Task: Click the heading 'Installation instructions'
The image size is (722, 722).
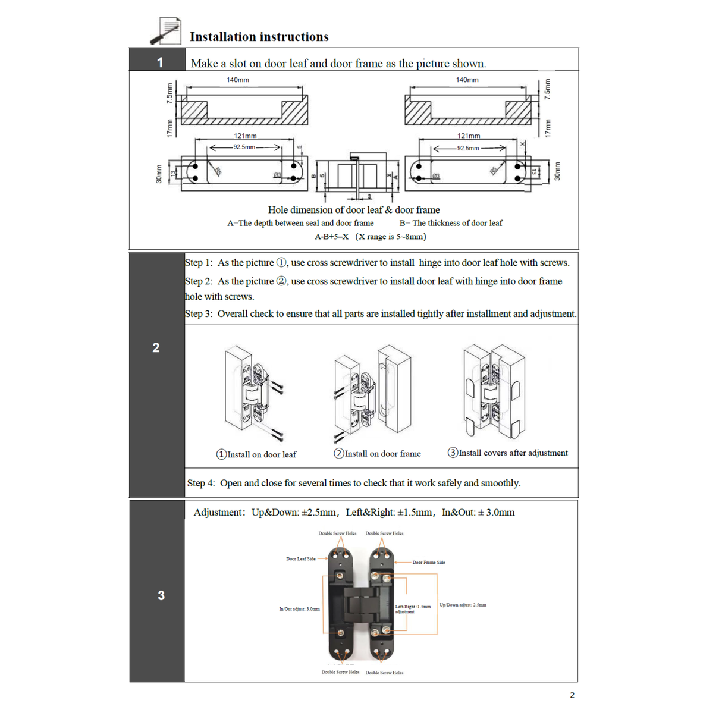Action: (x=259, y=37)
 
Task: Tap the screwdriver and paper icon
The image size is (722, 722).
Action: (x=166, y=31)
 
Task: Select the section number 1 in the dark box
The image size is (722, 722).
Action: (x=159, y=62)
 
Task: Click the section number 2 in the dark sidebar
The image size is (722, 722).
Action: (x=156, y=348)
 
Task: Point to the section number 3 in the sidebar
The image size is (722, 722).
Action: (x=161, y=595)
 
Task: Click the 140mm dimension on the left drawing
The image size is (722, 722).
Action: (x=237, y=80)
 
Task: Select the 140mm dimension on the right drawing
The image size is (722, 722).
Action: (x=467, y=80)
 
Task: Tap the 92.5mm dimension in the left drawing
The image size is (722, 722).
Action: (x=244, y=147)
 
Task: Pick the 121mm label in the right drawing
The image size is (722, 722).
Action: (x=469, y=136)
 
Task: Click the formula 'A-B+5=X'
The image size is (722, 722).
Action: (x=331, y=237)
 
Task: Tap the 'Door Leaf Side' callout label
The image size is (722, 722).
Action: (x=300, y=559)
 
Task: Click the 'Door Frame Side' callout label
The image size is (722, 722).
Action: (x=428, y=562)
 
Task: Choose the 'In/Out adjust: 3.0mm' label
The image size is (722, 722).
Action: (x=299, y=609)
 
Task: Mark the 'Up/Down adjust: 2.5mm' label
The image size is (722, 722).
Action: (x=462, y=605)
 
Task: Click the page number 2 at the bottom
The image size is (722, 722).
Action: (x=572, y=695)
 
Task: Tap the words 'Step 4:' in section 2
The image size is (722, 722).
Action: (x=201, y=483)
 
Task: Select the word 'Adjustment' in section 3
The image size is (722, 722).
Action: (x=217, y=512)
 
